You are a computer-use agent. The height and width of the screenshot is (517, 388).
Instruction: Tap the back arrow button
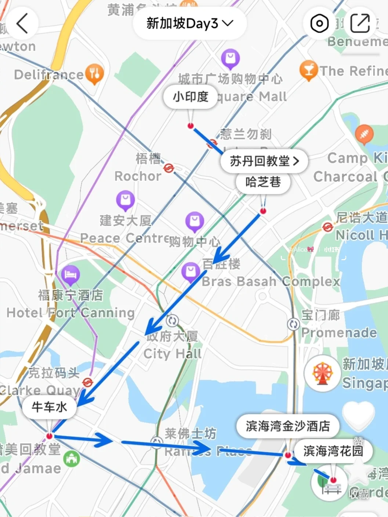pos(22,23)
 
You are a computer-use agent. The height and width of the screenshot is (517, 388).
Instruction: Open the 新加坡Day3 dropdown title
pos(189,23)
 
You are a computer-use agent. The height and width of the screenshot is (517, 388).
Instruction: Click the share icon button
pos(360,23)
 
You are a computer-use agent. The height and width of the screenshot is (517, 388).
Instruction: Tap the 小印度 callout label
pos(190,97)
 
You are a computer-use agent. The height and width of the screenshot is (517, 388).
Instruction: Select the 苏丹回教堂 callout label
pos(264,161)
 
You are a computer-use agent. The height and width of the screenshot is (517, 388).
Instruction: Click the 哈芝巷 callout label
pos(263,182)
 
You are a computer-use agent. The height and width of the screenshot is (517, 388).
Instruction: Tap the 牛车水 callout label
pos(49,407)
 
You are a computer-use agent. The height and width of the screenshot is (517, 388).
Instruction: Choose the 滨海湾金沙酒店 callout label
pos(288,426)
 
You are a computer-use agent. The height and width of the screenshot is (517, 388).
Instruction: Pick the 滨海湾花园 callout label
pos(333,451)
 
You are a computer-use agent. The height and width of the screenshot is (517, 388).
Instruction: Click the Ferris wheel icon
pos(322,373)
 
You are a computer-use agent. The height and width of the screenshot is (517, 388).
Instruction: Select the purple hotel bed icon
pos(70,274)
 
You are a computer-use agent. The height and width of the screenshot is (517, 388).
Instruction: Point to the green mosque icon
pos(72,458)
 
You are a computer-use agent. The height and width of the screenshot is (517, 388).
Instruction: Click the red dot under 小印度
pos(191,126)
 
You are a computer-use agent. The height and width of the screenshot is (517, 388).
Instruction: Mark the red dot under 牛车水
pos(49,436)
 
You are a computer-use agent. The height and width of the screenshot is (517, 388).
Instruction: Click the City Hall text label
pos(172,354)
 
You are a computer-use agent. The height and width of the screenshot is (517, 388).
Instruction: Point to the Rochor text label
pos(138,176)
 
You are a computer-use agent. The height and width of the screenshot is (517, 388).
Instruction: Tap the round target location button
pos(319,23)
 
